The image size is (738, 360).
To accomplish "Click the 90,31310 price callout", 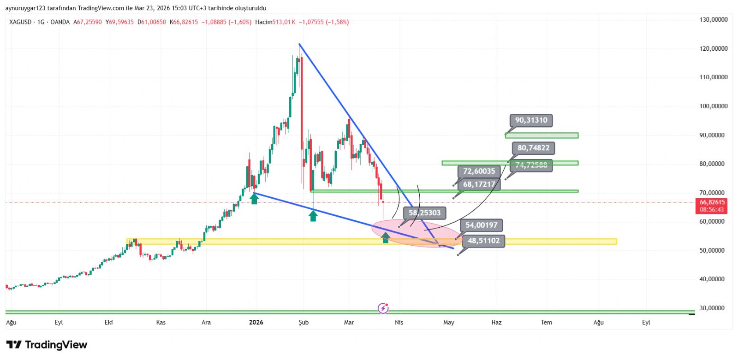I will (531, 120).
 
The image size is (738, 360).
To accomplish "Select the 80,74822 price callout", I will (533, 148).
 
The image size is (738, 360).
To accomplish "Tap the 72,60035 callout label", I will (479, 171).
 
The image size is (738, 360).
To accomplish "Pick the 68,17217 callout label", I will (479, 184).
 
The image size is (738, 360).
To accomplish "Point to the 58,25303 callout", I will (424, 213).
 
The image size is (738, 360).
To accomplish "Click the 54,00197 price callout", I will (481, 225).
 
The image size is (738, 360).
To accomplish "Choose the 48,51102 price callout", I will (483, 241).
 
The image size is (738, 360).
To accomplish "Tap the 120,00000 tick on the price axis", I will (713, 48).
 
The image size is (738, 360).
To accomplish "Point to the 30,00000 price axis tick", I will (713, 308).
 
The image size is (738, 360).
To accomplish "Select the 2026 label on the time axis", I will (256, 322).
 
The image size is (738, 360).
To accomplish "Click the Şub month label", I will (304, 322).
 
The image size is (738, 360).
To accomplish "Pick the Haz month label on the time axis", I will (496, 322).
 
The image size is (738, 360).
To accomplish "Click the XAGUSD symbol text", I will (20, 22).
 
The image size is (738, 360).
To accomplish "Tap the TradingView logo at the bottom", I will (47, 345).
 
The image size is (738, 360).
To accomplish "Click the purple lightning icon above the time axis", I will (383, 308).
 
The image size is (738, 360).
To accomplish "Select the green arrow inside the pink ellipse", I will (386, 238).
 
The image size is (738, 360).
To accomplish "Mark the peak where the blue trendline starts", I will (299, 44).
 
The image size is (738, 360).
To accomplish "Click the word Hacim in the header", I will (263, 22).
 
